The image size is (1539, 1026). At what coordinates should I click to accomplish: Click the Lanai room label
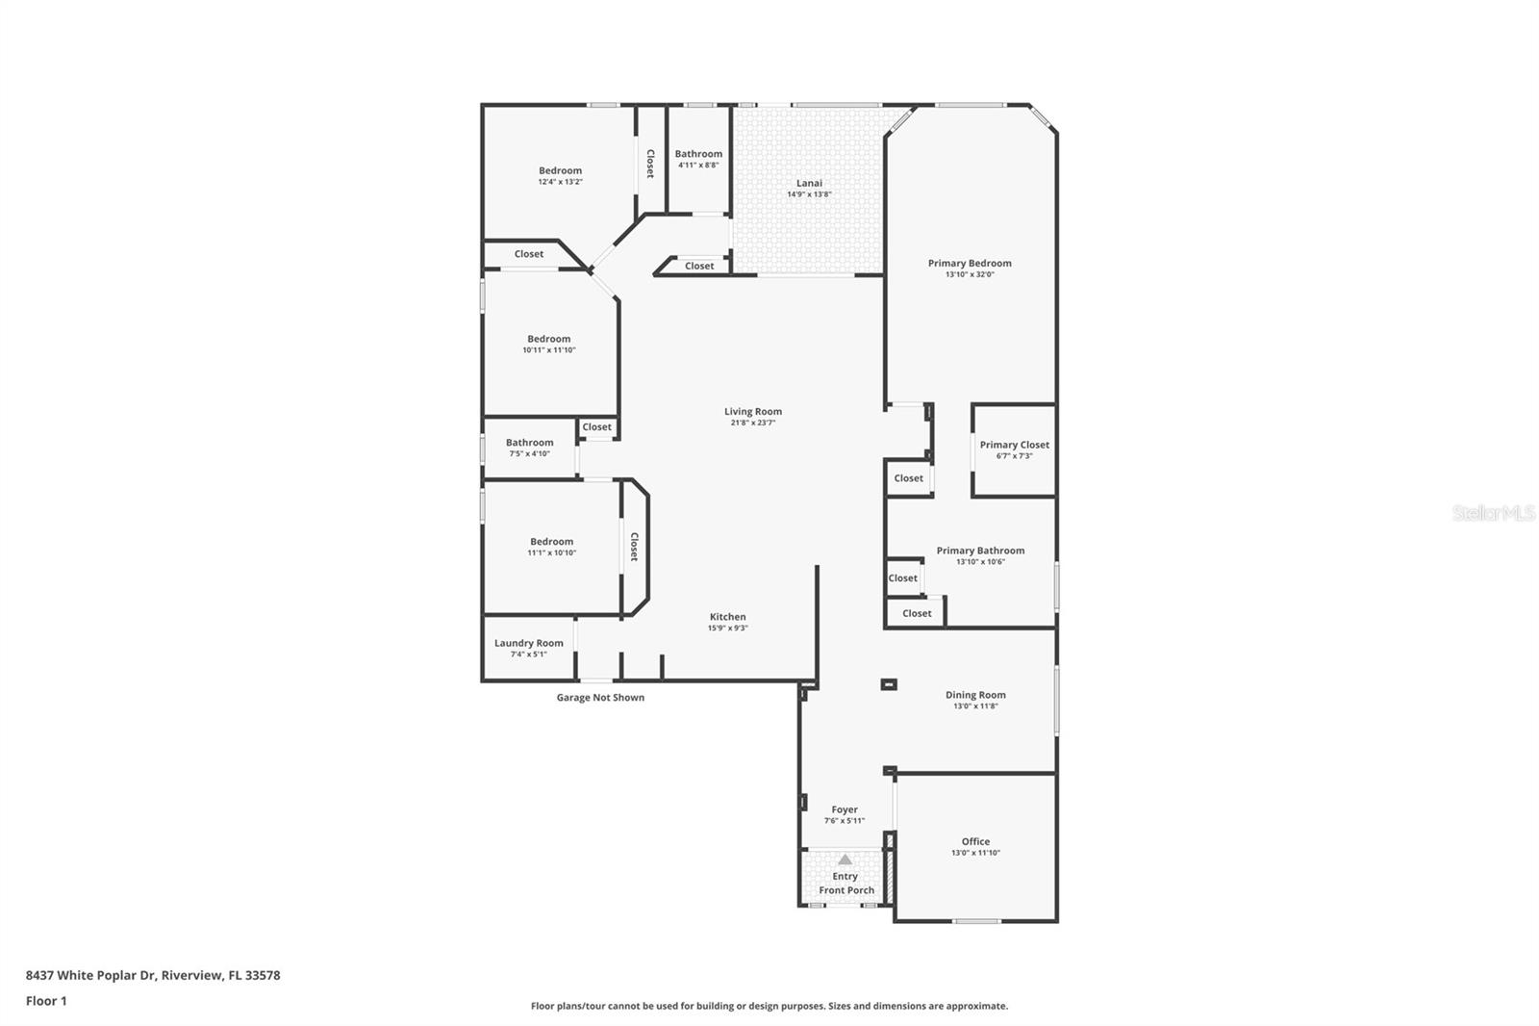(809, 183)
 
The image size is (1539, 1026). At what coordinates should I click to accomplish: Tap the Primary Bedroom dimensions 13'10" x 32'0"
(970, 274)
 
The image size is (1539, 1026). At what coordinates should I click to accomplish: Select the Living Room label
(753, 411)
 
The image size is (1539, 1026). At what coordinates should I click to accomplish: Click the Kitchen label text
(727, 617)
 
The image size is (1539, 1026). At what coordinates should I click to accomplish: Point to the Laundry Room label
(528, 643)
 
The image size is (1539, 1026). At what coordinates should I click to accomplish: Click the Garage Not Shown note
(600, 698)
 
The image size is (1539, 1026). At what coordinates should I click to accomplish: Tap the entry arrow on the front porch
(845, 859)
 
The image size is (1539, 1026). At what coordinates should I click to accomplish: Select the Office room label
(975, 841)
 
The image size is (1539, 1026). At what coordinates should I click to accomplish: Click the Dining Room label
(975, 695)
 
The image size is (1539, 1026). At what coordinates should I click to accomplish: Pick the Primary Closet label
(1014, 445)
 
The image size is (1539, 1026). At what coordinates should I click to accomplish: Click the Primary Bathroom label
(980, 551)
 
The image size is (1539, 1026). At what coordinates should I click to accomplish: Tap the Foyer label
(845, 809)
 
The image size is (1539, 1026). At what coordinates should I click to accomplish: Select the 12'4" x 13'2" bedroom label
(560, 171)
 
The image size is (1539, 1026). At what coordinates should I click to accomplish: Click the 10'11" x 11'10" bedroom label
(548, 339)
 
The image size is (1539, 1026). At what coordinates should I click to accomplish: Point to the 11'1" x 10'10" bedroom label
(551, 542)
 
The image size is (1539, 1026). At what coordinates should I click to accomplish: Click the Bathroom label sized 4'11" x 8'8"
(698, 154)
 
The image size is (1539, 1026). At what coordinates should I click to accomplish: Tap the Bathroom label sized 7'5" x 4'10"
(529, 443)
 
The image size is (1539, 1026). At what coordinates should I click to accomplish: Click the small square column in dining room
(889, 684)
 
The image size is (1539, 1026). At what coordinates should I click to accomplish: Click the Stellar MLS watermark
(1493, 514)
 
